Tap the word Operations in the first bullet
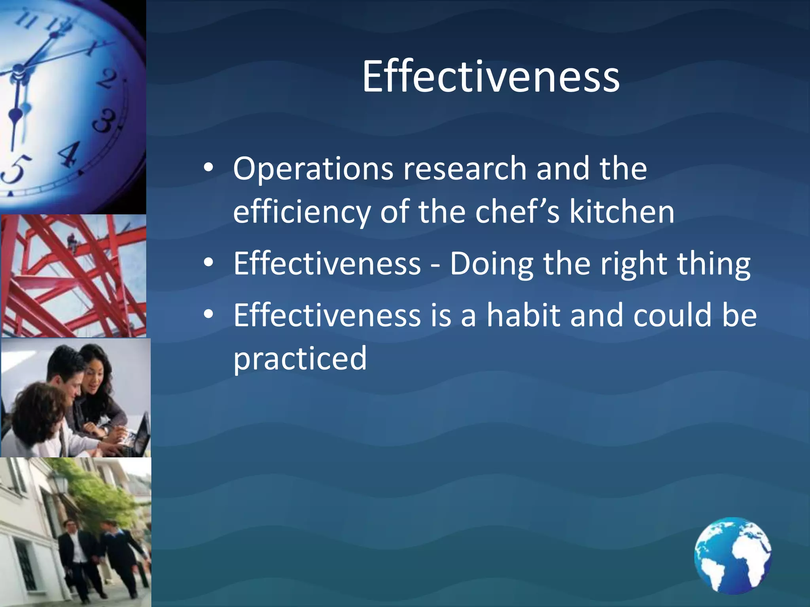point(312,169)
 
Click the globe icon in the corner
point(732,555)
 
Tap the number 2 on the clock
point(108,79)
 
